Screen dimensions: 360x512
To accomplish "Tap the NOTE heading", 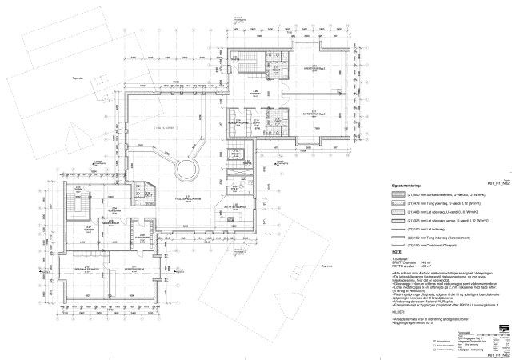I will click(x=395, y=252).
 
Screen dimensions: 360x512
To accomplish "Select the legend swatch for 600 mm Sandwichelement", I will click(x=405, y=196).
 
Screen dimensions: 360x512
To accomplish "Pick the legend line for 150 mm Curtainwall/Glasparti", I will click(x=405, y=244).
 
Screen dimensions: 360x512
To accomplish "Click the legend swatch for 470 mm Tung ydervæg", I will click(x=405, y=206).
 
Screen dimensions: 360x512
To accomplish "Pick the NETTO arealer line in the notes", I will click(x=410, y=266).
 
